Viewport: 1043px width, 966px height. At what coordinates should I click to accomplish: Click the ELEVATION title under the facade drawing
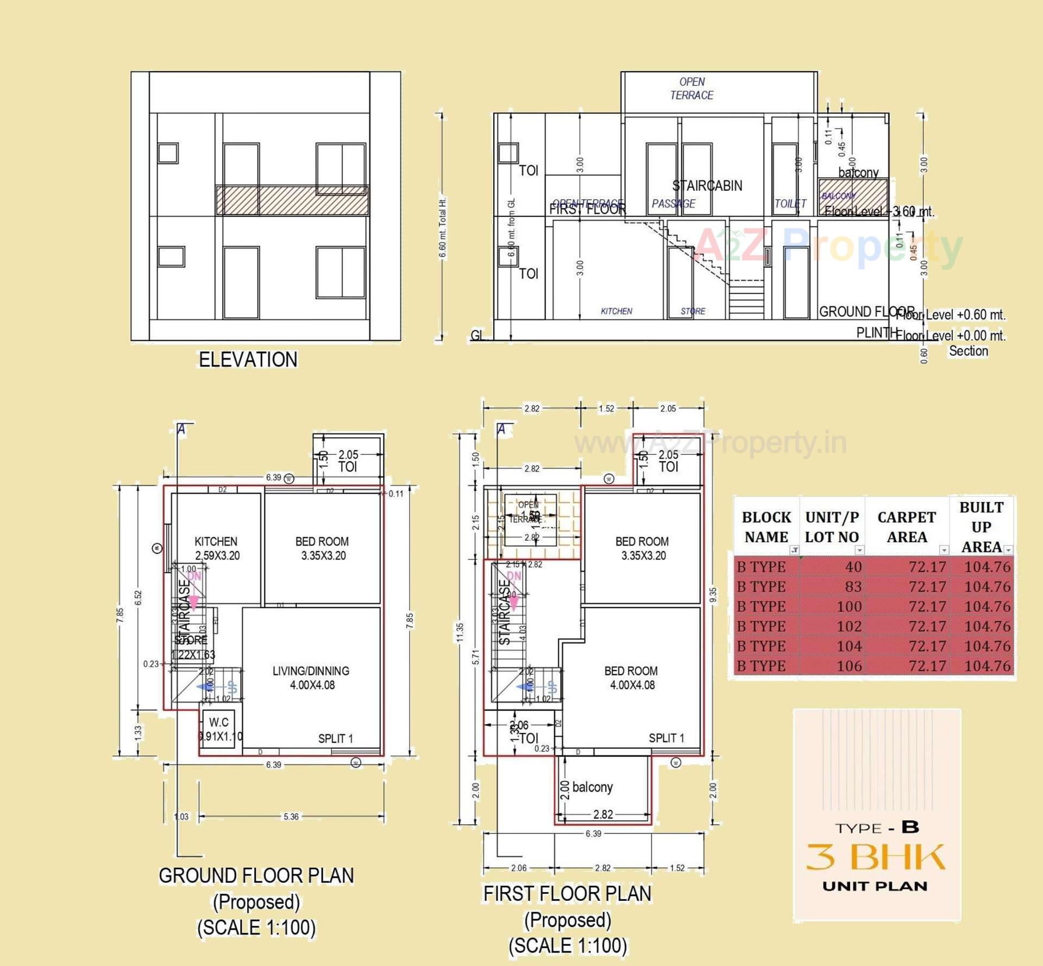click(248, 360)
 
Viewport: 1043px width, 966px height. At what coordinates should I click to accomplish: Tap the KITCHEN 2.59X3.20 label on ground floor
click(216, 548)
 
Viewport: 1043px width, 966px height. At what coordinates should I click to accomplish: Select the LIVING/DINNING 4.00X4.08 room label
click(311, 678)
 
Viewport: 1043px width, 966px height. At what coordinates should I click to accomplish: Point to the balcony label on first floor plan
click(592, 787)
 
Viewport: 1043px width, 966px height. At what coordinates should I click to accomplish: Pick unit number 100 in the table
click(849, 606)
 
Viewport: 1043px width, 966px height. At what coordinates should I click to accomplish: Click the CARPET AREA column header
click(906, 526)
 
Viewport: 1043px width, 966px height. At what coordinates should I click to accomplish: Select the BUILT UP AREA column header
click(981, 526)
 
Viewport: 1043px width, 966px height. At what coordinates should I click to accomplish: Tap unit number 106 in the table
click(849, 666)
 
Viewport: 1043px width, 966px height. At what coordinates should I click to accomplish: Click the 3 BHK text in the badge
click(876, 857)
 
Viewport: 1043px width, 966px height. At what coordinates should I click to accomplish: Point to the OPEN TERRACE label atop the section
click(692, 88)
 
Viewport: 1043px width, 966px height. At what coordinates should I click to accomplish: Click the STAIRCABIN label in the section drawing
click(707, 186)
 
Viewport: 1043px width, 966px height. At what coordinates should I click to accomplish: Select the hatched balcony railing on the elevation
click(292, 200)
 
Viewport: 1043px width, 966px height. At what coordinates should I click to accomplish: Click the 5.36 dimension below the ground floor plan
click(291, 817)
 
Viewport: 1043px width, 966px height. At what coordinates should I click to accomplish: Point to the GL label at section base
click(477, 335)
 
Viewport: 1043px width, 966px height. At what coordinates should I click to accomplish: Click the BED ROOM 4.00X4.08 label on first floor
click(631, 678)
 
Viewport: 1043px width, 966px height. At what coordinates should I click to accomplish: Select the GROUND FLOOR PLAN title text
click(256, 875)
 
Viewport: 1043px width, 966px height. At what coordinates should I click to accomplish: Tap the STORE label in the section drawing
click(693, 311)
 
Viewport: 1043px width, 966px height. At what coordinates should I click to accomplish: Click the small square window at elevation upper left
click(168, 153)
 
